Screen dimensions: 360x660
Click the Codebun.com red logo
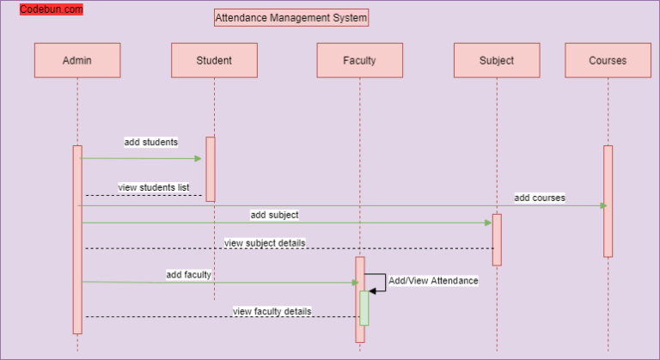coord(52,9)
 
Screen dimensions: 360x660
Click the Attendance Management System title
coord(291,17)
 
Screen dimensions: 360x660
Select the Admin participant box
coord(77,60)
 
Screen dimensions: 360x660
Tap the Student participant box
coord(214,60)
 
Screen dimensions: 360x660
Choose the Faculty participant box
coord(359,60)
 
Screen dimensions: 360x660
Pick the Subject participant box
coord(497,60)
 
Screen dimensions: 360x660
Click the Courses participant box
coord(608,60)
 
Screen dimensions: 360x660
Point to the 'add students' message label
coord(151,142)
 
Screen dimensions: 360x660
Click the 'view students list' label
coord(154,186)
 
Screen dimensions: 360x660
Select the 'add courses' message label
coord(540,198)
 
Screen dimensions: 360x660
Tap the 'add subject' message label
coord(274,215)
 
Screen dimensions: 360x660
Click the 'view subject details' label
coord(265,243)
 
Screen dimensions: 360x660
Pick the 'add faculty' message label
coord(188,275)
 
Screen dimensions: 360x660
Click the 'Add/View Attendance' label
coord(433,280)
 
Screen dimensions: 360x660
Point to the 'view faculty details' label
coord(272,311)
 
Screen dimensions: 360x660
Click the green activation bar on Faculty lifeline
coord(364,308)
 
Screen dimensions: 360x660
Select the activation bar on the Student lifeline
coord(211,169)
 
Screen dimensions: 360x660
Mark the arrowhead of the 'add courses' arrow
coord(603,205)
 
